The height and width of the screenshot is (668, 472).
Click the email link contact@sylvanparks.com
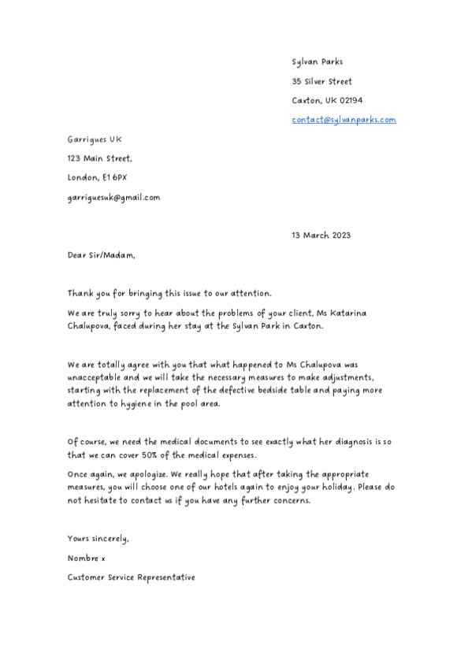click(x=344, y=120)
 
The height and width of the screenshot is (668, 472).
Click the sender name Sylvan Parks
click(x=317, y=61)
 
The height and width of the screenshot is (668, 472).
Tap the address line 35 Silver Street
click(x=321, y=81)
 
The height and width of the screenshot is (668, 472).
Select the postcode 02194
click(x=350, y=101)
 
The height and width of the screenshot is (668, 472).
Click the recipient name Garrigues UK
click(x=95, y=139)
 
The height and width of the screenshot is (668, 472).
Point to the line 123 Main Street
click(x=99, y=158)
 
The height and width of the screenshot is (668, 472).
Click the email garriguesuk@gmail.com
click(x=113, y=197)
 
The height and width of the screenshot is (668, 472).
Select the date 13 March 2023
click(x=321, y=235)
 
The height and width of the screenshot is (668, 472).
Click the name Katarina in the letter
click(x=347, y=314)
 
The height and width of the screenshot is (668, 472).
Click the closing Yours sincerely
click(x=98, y=539)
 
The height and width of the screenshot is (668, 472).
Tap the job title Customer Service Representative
click(x=131, y=577)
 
